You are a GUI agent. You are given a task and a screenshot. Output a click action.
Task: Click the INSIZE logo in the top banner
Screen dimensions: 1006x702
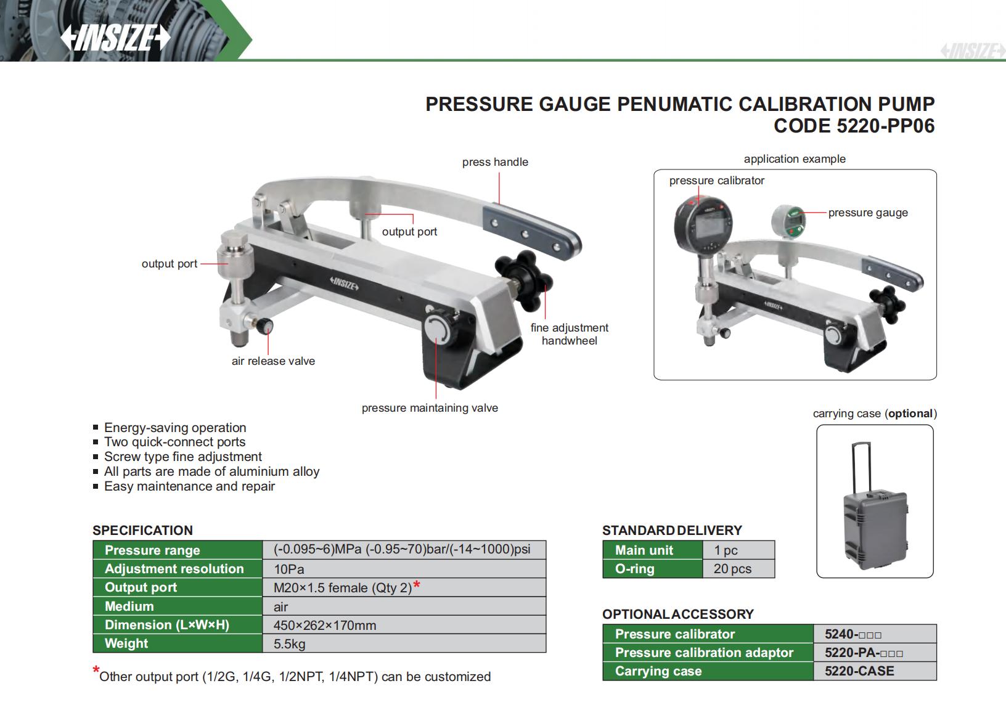(115, 38)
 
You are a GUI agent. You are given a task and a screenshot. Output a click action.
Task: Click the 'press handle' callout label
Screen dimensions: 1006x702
(495, 161)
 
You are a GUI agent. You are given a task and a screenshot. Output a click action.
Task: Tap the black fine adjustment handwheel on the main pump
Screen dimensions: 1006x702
(523, 280)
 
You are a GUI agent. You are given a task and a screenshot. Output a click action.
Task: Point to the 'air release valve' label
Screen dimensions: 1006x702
(273, 361)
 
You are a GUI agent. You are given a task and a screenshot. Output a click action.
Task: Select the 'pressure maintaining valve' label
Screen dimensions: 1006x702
(430, 407)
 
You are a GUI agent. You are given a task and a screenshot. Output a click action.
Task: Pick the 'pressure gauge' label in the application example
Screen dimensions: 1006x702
(868, 213)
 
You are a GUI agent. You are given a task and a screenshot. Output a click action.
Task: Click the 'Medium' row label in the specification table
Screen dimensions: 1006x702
(129, 606)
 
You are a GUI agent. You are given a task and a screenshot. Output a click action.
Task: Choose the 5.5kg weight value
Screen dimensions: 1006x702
(289, 643)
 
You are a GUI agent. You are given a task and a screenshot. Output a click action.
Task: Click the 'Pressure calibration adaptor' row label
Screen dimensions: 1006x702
(704, 652)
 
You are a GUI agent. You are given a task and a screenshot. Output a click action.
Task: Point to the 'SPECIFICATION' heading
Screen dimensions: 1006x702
(142, 531)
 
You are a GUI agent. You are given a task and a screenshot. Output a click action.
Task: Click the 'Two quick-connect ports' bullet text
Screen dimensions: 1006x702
(174, 442)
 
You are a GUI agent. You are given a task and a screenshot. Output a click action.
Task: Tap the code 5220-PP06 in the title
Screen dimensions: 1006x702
(854, 126)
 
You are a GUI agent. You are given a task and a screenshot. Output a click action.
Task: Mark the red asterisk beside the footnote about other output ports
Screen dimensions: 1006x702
(96, 671)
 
